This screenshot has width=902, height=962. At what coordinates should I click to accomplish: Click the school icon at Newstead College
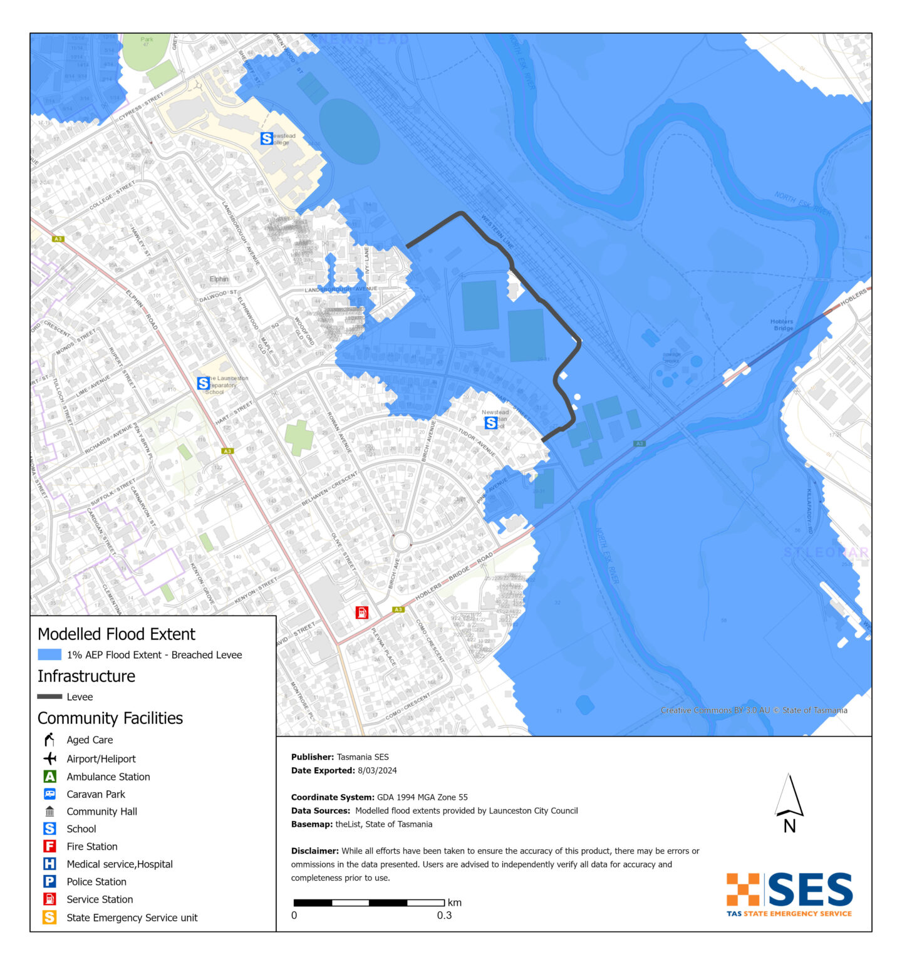point(267,138)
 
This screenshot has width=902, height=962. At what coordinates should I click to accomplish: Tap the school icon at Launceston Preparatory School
point(203,383)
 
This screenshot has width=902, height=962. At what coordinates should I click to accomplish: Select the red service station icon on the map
point(362,613)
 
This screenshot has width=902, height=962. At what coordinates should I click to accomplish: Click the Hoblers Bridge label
point(782,324)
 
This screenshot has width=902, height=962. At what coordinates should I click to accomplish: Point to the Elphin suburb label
point(219,279)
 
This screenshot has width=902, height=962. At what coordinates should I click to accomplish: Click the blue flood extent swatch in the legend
point(49,654)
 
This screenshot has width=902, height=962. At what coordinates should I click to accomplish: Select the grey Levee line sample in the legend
point(49,696)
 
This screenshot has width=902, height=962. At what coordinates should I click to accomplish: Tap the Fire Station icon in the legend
point(49,846)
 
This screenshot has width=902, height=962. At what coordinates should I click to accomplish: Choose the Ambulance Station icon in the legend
point(49,777)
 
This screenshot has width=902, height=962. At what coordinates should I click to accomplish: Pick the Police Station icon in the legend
point(49,881)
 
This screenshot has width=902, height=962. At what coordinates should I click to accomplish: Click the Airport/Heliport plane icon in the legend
point(49,758)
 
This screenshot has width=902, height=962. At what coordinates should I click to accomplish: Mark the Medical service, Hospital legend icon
point(49,864)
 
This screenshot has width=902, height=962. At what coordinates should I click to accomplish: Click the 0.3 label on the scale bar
point(444,915)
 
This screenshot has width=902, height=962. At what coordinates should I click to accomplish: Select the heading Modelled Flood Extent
point(117,634)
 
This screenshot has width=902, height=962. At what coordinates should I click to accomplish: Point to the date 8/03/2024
point(377,770)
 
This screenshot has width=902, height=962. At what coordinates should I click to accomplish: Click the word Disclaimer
point(314,851)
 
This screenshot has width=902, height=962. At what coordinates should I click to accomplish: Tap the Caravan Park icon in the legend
point(49,794)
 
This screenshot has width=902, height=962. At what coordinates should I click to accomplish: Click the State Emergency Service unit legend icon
point(49,918)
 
